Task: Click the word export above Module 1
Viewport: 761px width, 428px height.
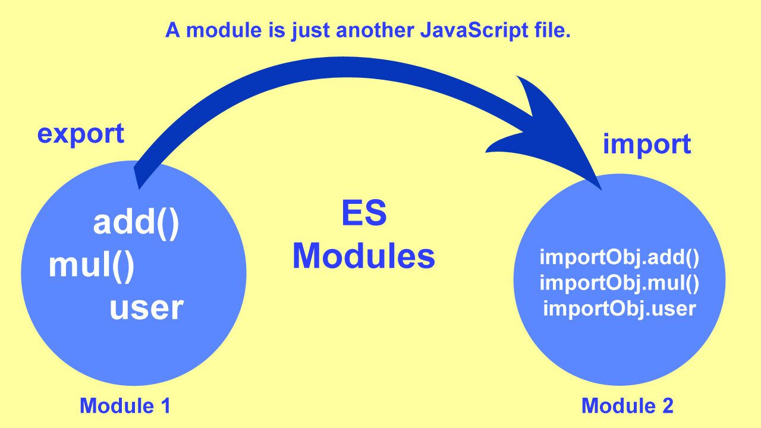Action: tap(80, 134)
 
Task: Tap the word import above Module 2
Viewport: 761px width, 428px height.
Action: tap(646, 144)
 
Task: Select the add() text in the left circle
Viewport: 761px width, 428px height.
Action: tap(136, 224)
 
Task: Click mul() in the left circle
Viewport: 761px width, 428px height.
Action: tap(92, 266)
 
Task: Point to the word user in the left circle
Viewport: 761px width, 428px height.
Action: tap(146, 308)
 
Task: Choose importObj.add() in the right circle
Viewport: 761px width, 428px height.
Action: tap(619, 258)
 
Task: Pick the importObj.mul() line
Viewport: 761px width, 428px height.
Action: tap(619, 283)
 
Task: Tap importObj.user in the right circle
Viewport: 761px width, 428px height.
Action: tap(619, 309)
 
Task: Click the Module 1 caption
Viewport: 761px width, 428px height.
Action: tap(125, 406)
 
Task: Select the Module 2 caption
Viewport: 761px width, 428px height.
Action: tap(627, 406)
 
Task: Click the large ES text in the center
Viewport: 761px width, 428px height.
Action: tap(364, 215)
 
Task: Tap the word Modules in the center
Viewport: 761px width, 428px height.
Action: tap(364, 257)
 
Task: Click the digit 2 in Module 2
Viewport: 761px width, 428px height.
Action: tap(667, 406)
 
